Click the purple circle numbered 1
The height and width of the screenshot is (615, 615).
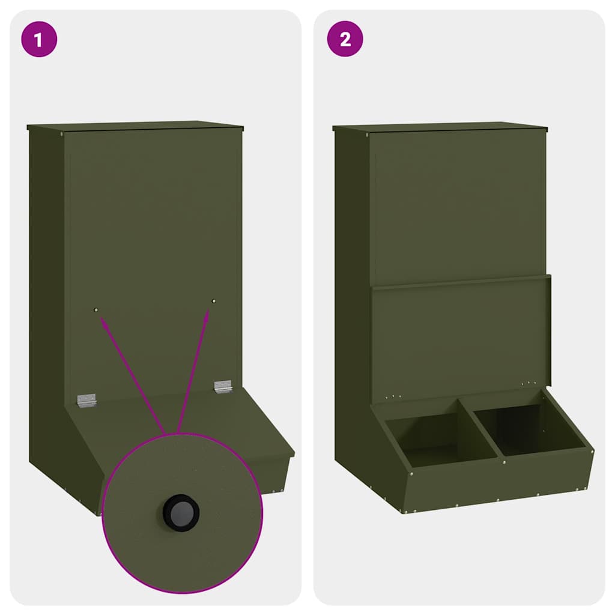(39, 40)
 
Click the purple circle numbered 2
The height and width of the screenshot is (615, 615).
(345, 40)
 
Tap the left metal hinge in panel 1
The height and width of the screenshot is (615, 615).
(86, 401)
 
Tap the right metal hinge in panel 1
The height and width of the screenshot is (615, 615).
(223, 386)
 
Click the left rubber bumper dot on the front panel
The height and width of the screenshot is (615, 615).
(96, 309)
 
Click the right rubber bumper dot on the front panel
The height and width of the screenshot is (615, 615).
(214, 300)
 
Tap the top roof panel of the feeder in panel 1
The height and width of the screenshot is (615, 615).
(135, 126)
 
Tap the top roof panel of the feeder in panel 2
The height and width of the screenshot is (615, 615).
(440, 127)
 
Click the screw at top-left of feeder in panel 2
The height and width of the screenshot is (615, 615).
(367, 135)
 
